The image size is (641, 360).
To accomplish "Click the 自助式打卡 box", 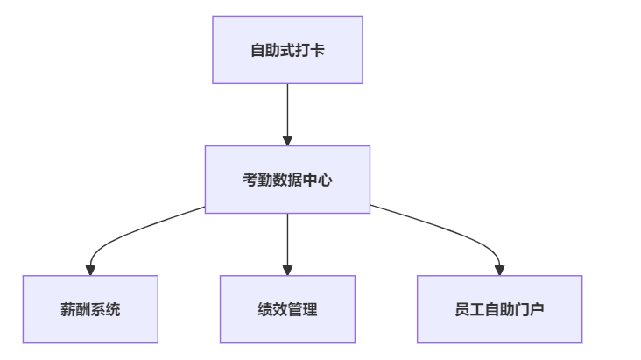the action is [287, 50].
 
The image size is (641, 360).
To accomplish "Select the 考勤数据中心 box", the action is [287, 180].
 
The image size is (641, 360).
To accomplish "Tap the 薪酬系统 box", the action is [90, 309].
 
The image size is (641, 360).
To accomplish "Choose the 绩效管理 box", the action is [287, 309].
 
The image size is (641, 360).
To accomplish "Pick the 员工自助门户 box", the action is [499, 309].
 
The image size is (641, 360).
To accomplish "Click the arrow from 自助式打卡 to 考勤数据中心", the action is [287, 115].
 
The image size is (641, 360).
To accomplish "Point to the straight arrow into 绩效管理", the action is [287, 244].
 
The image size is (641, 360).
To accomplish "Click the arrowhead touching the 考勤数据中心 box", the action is [287, 141].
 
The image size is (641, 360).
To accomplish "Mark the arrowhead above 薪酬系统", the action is [90, 271].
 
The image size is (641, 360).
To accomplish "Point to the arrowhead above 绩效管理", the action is [287, 271].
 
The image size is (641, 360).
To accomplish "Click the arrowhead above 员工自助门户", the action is [499, 271].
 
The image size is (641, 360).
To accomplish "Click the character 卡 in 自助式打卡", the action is [317, 50].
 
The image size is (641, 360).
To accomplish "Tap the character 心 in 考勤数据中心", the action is [325, 180].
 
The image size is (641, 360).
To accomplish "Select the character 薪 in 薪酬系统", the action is [67, 310].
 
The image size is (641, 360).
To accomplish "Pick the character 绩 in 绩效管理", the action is [265, 310].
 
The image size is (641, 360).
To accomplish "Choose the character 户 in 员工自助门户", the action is [536, 310].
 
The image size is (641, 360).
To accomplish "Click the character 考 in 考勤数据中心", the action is [250, 180].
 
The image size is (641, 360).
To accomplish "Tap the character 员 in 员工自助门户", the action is [462, 310].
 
